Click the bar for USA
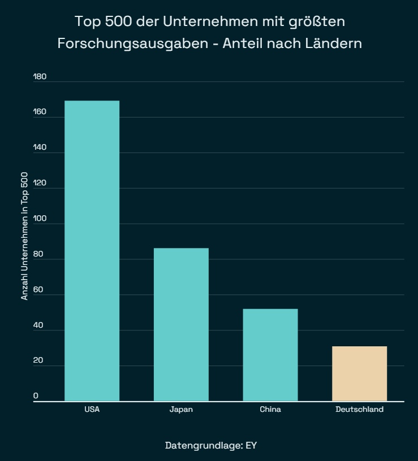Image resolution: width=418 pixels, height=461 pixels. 92,251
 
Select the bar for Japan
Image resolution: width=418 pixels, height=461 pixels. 181,324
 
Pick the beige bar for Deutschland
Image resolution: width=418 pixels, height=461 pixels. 359,373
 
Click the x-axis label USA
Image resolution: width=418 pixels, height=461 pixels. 92,410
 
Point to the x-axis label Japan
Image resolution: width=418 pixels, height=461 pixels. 181,410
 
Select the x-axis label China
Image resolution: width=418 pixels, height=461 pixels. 270,410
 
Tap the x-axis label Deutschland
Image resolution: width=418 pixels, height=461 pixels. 359,410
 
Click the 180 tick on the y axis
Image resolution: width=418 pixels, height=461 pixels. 40,77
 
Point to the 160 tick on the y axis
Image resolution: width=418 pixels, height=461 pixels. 40,112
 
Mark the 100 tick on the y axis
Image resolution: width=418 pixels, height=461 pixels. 40,219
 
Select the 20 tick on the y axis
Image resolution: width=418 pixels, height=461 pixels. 38,361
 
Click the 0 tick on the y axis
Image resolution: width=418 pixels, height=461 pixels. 36,396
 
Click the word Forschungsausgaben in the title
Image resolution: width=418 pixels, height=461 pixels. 133,43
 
